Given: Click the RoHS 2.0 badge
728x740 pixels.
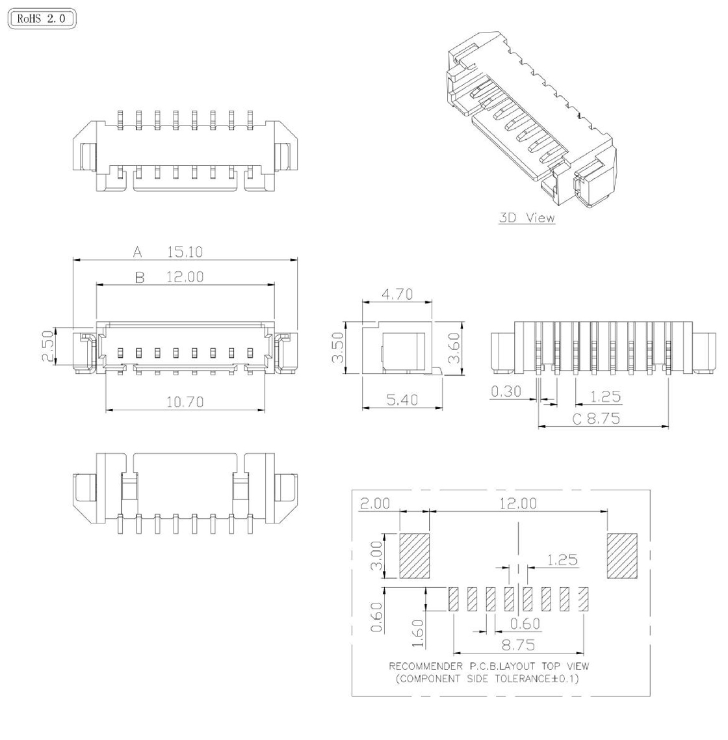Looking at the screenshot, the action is [x=42, y=20].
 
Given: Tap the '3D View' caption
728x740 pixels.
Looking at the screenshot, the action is [x=527, y=218].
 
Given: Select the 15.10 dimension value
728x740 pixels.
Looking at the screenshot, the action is [x=185, y=252].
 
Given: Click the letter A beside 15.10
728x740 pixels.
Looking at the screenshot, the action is [x=137, y=252].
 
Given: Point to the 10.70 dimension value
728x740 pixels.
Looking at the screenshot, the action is [x=185, y=402].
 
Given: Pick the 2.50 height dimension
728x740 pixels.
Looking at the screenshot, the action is [x=47, y=347].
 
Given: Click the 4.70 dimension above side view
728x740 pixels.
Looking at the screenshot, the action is [x=396, y=294].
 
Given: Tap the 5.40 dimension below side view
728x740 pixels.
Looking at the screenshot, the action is [x=402, y=400].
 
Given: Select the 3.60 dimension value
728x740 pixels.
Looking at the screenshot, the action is [x=454, y=349].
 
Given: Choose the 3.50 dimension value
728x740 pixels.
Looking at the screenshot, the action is [x=338, y=349].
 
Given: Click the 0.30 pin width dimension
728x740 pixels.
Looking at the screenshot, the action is [x=506, y=391].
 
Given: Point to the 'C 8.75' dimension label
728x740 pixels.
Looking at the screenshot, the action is [x=596, y=419].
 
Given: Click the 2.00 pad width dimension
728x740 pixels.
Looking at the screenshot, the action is [x=375, y=504].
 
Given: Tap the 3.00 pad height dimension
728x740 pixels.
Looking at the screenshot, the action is [x=377, y=556].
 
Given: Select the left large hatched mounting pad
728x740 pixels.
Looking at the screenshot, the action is [x=415, y=556].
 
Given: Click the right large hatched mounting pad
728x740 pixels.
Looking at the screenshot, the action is [x=622, y=556].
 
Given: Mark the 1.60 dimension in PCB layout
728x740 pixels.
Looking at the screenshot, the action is [x=418, y=633].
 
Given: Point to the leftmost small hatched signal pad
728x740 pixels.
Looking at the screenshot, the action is [x=454, y=600].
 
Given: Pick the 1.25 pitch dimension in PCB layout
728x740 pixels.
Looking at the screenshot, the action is [x=562, y=560].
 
